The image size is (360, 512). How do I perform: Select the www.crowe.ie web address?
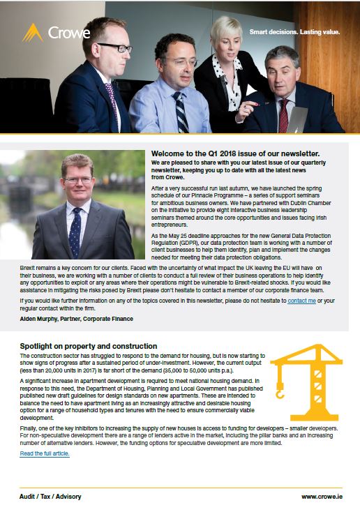321,496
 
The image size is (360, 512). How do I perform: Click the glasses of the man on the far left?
114,47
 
